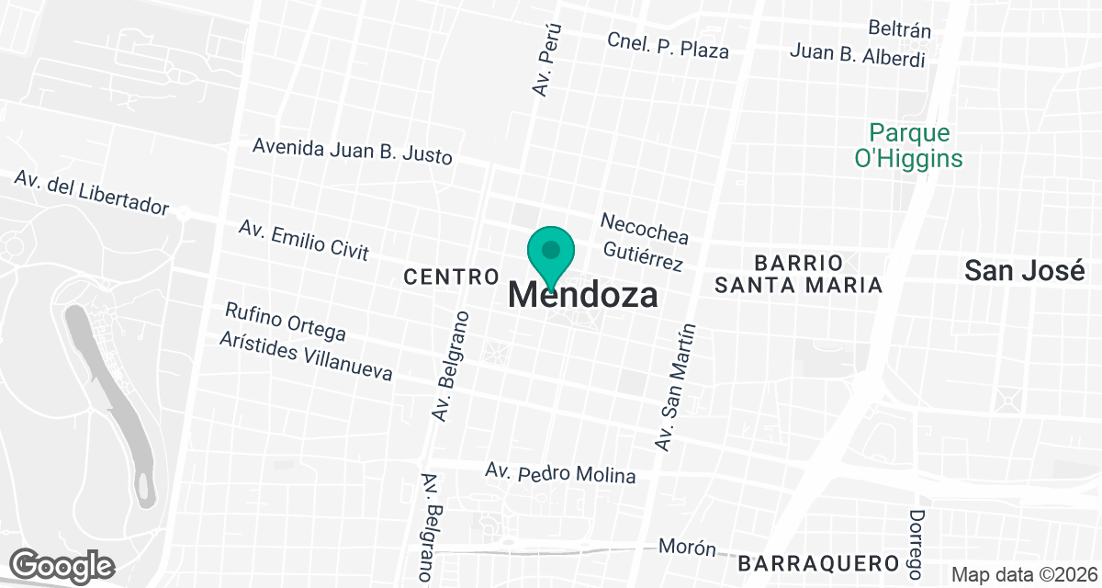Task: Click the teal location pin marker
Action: pyautogui.click(x=551, y=254)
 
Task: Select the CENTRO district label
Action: pyautogui.click(x=451, y=276)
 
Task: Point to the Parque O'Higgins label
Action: pyautogui.click(x=908, y=146)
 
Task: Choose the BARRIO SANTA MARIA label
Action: pyautogui.click(x=798, y=273)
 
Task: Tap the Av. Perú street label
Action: pyautogui.click(x=545, y=59)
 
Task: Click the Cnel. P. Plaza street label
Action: pyautogui.click(x=668, y=45)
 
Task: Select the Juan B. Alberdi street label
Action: pyautogui.click(x=857, y=55)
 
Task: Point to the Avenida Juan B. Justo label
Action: pyautogui.click(x=353, y=150)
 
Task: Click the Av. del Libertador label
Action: pyautogui.click(x=92, y=192)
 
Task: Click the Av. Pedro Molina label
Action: pyautogui.click(x=560, y=472)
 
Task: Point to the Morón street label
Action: pyautogui.click(x=687, y=548)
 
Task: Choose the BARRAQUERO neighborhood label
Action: pyautogui.click(x=816, y=562)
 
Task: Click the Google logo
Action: pyautogui.click(x=62, y=564)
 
